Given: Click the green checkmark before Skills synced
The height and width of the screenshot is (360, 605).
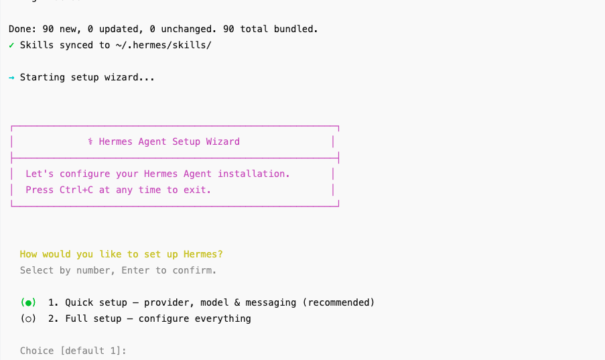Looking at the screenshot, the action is [11, 45].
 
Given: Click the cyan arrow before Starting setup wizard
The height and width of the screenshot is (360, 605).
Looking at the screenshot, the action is [11, 78].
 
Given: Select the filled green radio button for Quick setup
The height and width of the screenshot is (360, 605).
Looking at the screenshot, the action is [28, 302].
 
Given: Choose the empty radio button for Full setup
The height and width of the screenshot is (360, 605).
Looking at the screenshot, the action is [28, 318].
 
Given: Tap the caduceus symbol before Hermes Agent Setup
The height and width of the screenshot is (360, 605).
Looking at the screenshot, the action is [90, 141].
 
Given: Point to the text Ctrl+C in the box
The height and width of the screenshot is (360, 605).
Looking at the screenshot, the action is [76, 190].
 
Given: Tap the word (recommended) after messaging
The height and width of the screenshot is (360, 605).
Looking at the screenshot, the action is [338, 302].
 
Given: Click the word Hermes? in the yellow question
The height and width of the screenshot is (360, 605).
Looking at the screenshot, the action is [203, 254].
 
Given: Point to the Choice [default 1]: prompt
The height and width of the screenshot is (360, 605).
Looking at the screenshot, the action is [73, 351].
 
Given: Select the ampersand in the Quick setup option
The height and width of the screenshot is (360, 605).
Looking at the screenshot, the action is [237, 302].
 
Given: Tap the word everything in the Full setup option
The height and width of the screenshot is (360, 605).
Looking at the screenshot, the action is [222, 319].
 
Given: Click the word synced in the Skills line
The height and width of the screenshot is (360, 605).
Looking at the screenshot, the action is [76, 46].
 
